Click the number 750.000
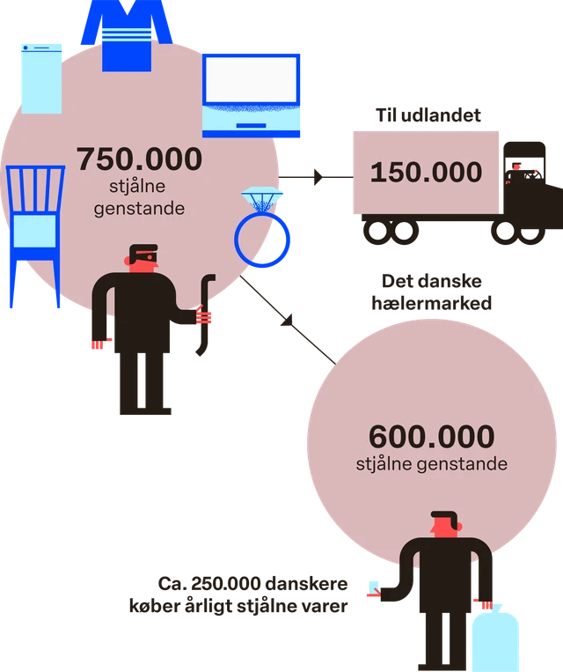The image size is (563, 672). (139, 159)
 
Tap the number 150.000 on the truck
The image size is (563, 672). (426, 173)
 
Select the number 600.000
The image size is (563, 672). (432, 437)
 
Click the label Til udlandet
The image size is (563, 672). (428, 115)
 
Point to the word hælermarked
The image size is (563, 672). (432, 304)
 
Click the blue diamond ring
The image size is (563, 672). (261, 227)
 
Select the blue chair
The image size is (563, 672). (35, 236)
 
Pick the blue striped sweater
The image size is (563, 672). (127, 34)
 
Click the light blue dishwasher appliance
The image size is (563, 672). (41, 79)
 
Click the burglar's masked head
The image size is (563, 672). (143, 257)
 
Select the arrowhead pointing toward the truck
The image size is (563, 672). (318, 177)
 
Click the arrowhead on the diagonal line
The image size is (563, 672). (288, 321)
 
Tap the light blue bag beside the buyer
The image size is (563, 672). (495, 639)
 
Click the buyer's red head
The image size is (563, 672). (446, 524)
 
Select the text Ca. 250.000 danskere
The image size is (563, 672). (252, 584)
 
